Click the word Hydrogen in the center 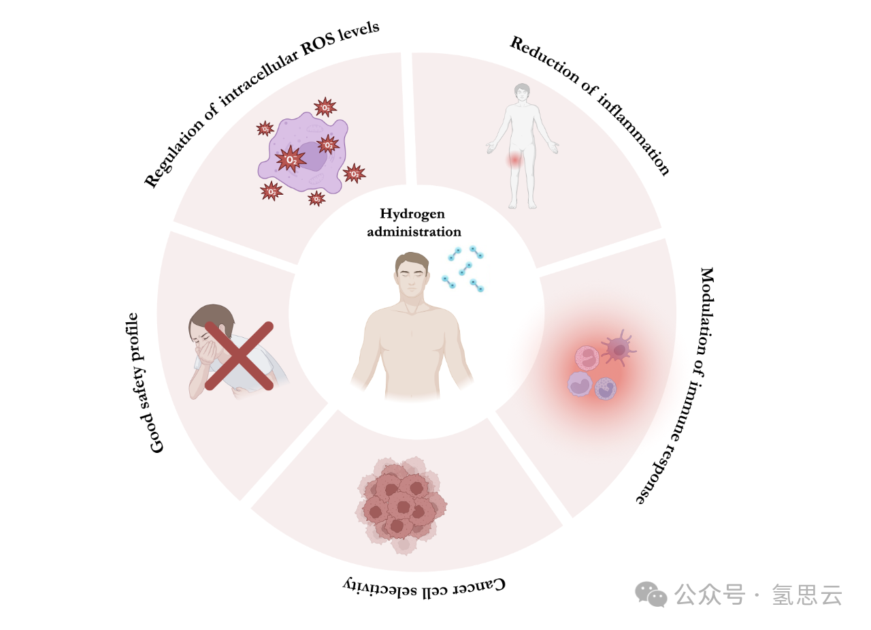point(412,215)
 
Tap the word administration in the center point(414,232)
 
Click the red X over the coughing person point(239,356)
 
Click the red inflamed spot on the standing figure point(515,160)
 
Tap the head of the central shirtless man point(412,274)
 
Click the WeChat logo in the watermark point(651,594)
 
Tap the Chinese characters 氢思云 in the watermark point(807,595)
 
